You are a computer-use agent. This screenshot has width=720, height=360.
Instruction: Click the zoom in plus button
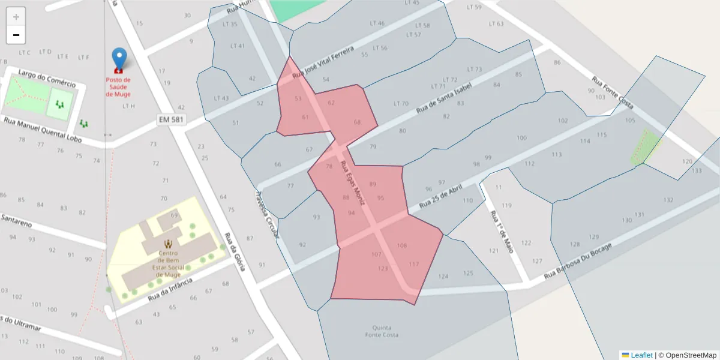[16, 17]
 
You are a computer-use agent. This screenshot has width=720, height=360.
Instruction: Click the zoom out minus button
[16, 35]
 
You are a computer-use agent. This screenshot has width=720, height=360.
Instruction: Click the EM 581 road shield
[172, 120]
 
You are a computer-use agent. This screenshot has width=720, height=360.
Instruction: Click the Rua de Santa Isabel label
[444, 98]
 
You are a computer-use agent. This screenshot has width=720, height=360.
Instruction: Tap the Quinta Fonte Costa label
[382, 331]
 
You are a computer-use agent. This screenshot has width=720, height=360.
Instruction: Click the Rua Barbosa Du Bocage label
[578, 261]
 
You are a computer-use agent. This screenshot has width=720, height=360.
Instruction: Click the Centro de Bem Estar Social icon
[168, 244]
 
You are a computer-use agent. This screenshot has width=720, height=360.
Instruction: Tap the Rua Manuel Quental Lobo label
[42, 130]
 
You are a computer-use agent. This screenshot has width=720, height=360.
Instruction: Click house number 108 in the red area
[402, 246]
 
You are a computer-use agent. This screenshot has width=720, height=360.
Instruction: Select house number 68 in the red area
[358, 122]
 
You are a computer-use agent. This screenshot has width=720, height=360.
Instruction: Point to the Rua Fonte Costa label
[613, 92]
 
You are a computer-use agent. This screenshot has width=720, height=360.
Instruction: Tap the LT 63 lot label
[496, 24]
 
